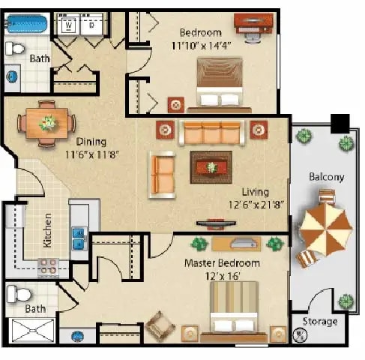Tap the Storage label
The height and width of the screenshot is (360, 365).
coord(320,321)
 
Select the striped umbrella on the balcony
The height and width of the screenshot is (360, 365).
coord(325,226)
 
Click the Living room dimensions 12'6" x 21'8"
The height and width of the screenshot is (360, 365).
coord(255,203)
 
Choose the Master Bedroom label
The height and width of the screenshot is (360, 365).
coord(223,263)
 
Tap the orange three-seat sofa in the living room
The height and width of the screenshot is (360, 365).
coord(212,133)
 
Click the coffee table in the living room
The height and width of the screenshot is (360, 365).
coord(211,166)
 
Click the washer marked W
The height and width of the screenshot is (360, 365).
coord(69,25)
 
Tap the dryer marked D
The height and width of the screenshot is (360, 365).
coord(91,25)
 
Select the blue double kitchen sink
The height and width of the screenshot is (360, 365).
coord(78,238)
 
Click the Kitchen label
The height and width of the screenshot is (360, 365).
coord(47,230)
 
